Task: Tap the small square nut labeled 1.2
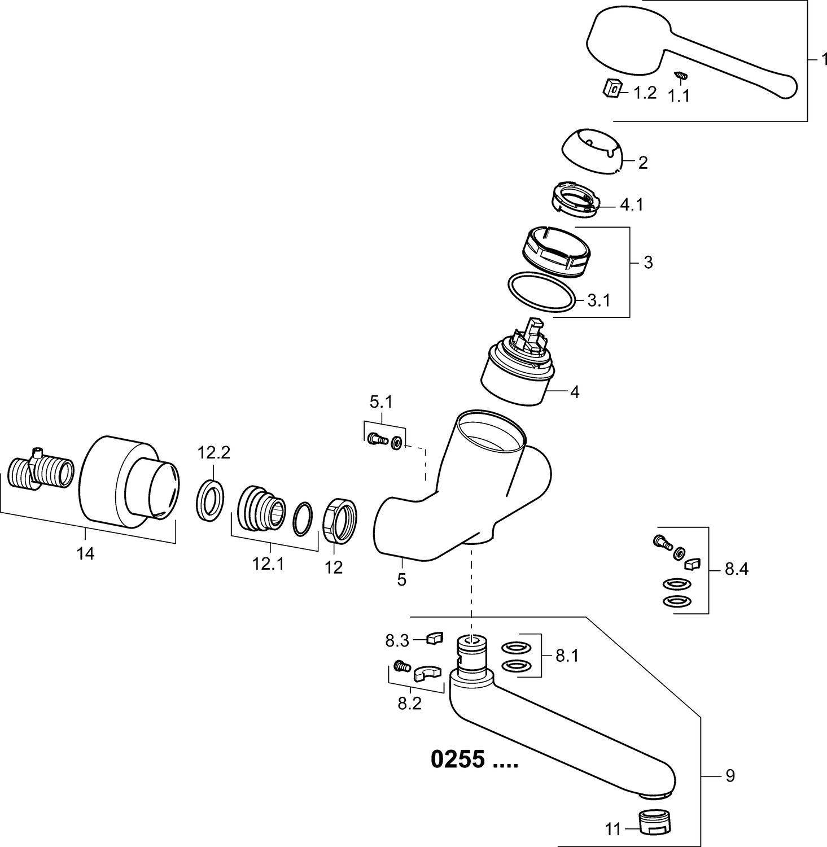click(x=611, y=88)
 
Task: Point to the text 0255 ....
click(x=457, y=759)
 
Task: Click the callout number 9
click(x=730, y=776)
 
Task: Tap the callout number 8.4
click(x=736, y=569)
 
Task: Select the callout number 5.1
click(x=381, y=403)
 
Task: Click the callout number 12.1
click(x=268, y=564)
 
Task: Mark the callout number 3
click(x=648, y=263)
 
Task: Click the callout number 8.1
click(x=567, y=656)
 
